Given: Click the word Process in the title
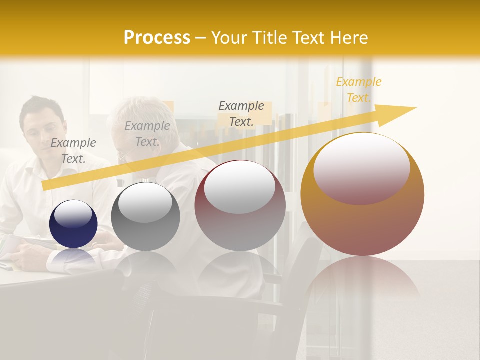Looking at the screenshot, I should tap(157, 38).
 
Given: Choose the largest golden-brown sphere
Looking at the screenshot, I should tap(362, 225).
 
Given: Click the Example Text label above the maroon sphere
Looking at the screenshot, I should tap(241, 113).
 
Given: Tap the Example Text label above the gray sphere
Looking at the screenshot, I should tap(147, 134).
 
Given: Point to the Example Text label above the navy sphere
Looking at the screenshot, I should tap(73, 150).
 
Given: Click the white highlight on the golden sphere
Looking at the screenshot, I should tap(362, 167).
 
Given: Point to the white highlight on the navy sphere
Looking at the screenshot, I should tap(73, 214).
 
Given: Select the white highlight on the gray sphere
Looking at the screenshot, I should tap(145, 202).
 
